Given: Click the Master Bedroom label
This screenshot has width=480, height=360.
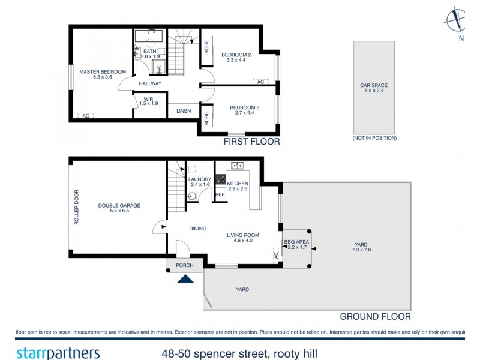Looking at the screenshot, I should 103,74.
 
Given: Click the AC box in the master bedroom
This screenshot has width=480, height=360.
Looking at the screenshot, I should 85,115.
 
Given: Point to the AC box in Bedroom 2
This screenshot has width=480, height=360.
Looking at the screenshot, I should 260,82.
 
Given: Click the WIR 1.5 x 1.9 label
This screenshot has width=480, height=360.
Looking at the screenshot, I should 148,101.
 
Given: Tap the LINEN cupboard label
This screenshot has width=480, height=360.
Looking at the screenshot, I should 184,111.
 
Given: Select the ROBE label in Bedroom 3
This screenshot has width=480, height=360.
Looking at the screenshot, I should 206,117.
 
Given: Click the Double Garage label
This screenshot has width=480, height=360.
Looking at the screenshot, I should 119,208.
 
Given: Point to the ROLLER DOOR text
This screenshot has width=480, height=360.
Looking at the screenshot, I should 76,208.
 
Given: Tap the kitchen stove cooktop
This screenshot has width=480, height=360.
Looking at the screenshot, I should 220,179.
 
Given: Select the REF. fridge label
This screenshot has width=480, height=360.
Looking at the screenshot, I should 220,194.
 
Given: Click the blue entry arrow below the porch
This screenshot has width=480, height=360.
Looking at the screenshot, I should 185,278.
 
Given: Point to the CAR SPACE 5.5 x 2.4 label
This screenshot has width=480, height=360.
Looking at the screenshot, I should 374,88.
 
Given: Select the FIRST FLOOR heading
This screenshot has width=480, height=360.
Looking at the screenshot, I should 251,142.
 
